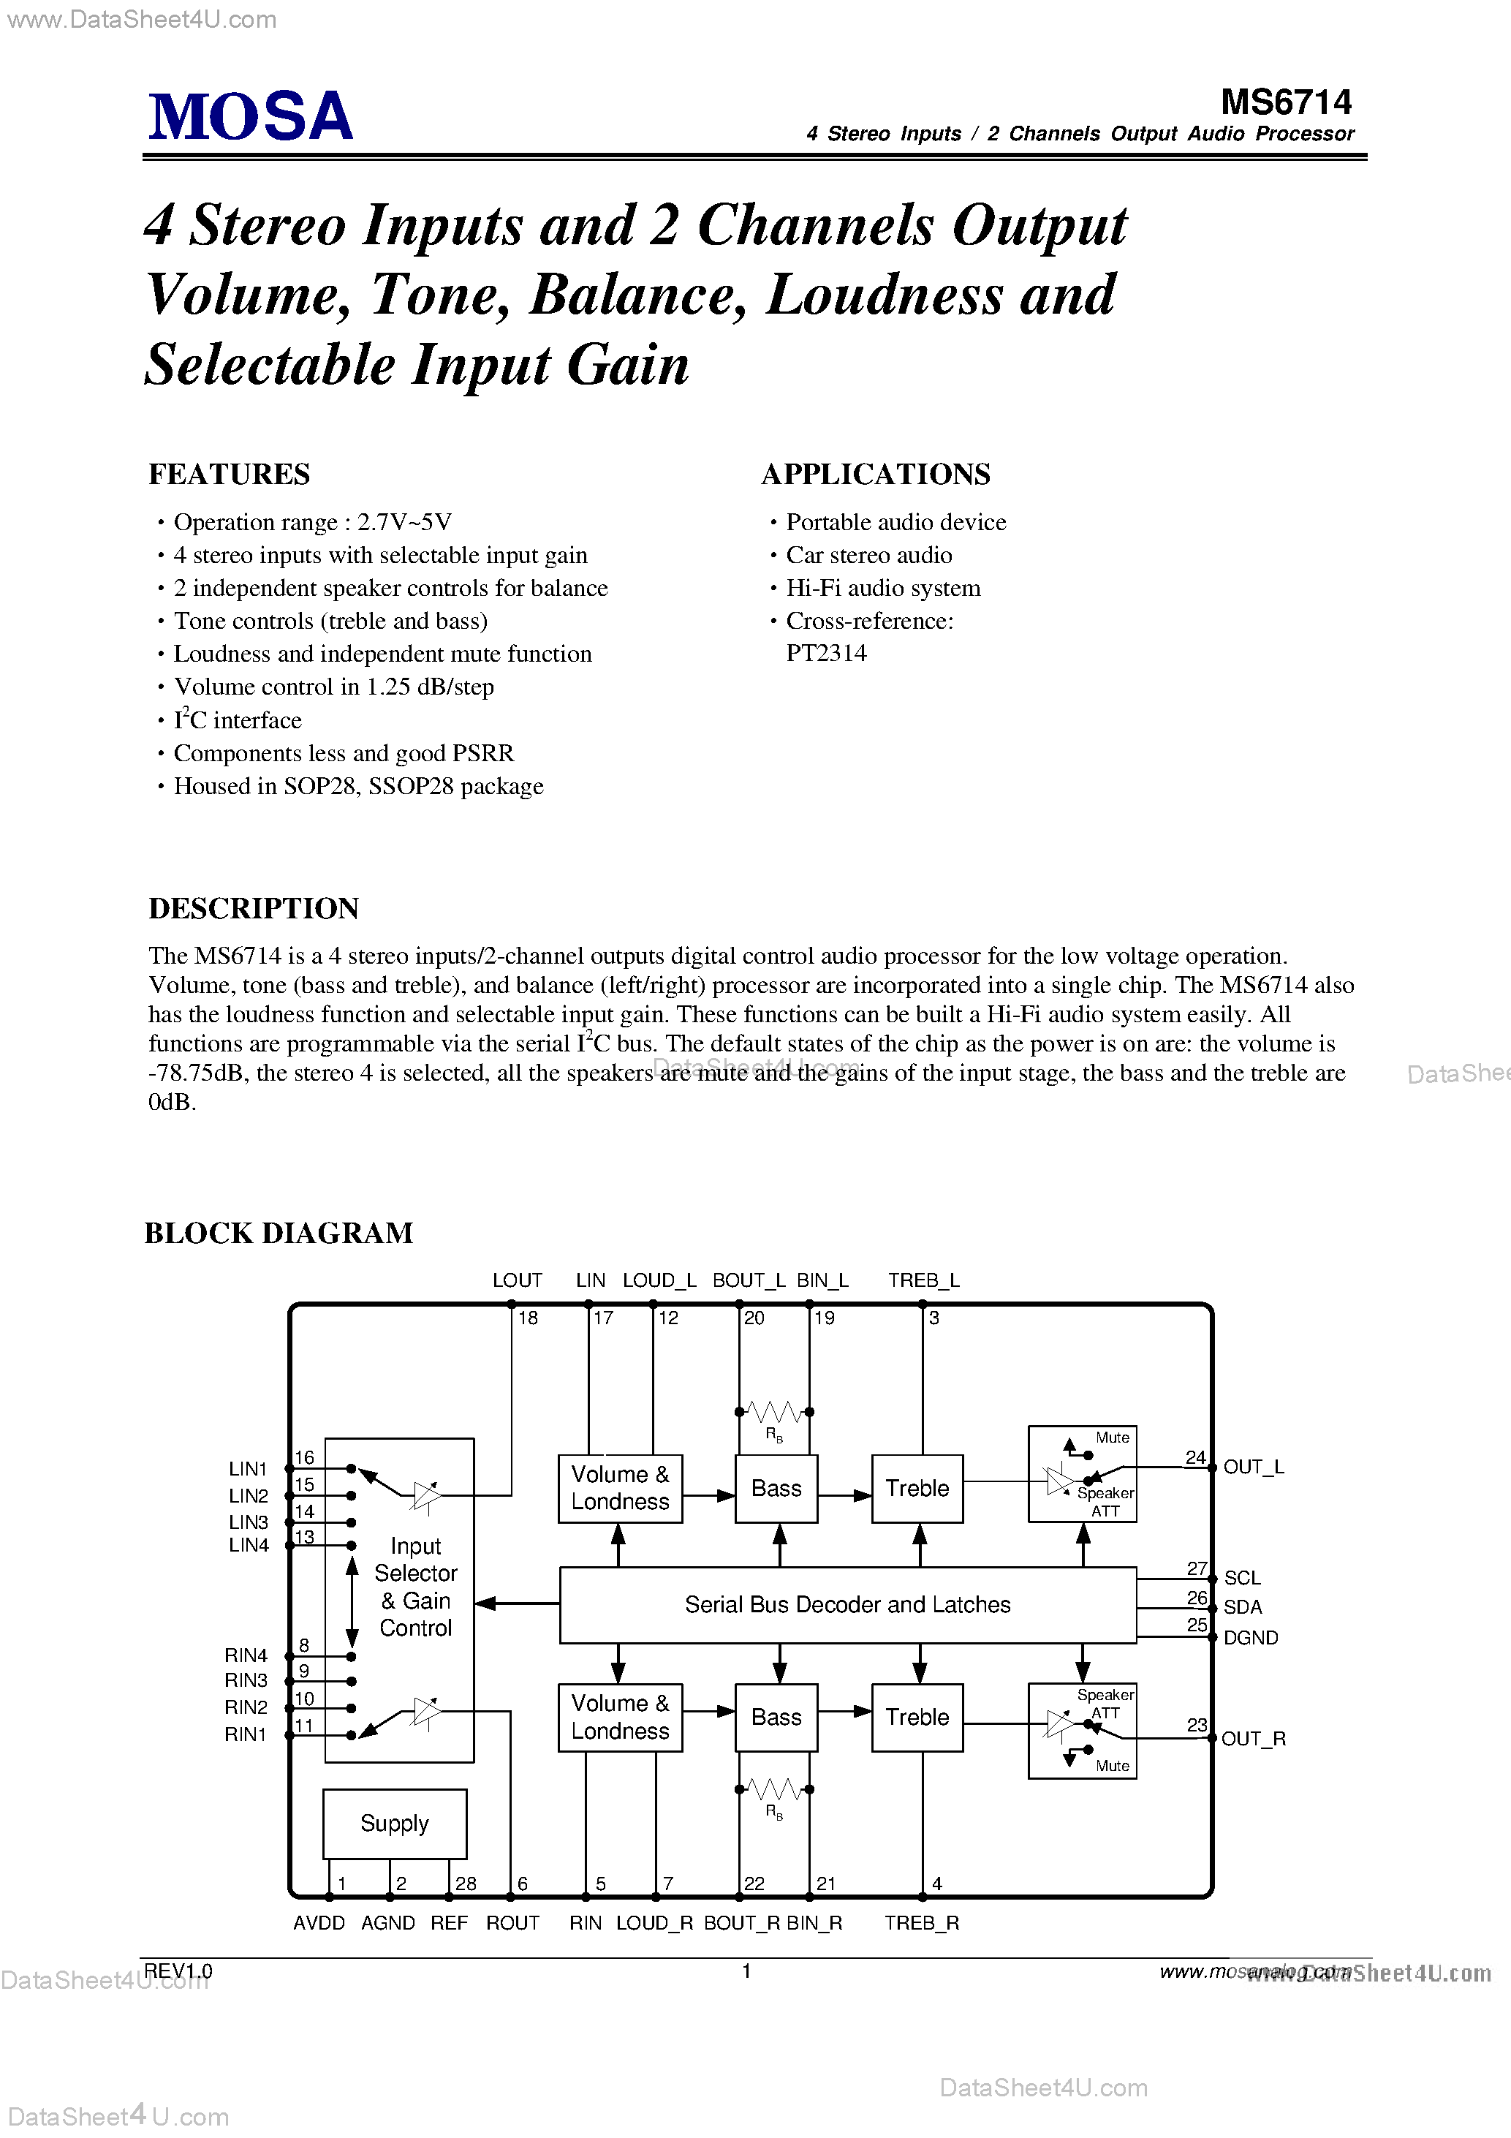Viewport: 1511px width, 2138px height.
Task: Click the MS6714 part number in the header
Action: click(1286, 102)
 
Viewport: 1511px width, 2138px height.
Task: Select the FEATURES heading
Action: click(229, 474)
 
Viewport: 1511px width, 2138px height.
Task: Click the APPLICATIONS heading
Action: click(875, 474)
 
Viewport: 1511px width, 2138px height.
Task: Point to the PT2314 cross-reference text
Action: click(826, 653)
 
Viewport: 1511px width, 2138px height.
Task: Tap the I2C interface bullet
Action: click(238, 719)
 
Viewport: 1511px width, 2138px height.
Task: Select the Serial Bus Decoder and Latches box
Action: click(847, 1604)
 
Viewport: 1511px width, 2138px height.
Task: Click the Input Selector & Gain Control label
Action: click(415, 1587)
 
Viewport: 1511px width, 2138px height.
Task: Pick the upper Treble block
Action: click(917, 1488)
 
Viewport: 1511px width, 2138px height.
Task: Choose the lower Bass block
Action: click(776, 1717)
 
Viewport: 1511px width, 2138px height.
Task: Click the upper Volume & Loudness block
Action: click(620, 1488)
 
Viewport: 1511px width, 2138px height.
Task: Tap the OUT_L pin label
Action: click(1253, 1467)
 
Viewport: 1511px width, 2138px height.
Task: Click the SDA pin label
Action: click(1242, 1607)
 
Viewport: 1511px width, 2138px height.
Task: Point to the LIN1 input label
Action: click(248, 1468)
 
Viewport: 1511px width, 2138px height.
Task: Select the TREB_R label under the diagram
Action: click(921, 1923)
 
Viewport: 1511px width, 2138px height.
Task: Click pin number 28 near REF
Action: click(466, 1884)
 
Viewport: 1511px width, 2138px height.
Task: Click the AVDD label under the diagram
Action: click(319, 1923)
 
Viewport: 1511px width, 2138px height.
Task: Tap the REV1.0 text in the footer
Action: click(178, 1971)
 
